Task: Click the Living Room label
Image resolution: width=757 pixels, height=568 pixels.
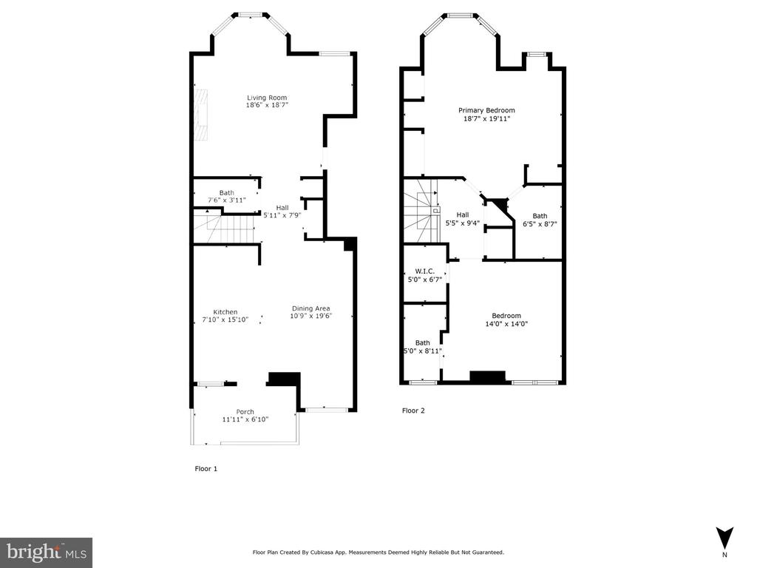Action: (x=267, y=98)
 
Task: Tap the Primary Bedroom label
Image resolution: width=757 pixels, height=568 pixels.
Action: (x=486, y=110)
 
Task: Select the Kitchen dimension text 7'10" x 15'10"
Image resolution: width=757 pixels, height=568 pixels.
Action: (x=225, y=319)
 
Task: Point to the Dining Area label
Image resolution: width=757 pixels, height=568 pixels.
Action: (x=311, y=308)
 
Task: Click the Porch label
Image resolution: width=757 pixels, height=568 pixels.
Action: (x=245, y=411)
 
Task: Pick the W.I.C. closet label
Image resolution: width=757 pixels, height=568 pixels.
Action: (x=425, y=271)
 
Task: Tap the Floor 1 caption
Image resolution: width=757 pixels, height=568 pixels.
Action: (x=206, y=468)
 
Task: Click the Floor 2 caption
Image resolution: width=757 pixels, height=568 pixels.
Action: (x=413, y=410)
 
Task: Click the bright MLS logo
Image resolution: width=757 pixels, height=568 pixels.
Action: (x=46, y=552)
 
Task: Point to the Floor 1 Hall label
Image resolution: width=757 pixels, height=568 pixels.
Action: (x=282, y=208)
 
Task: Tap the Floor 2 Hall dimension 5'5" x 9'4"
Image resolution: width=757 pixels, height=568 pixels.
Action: (x=463, y=223)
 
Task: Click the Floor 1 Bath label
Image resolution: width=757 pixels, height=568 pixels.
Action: (x=226, y=193)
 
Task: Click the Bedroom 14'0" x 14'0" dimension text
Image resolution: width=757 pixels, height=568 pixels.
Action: (x=506, y=324)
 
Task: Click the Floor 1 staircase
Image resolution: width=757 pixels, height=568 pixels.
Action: (x=225, y=228)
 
